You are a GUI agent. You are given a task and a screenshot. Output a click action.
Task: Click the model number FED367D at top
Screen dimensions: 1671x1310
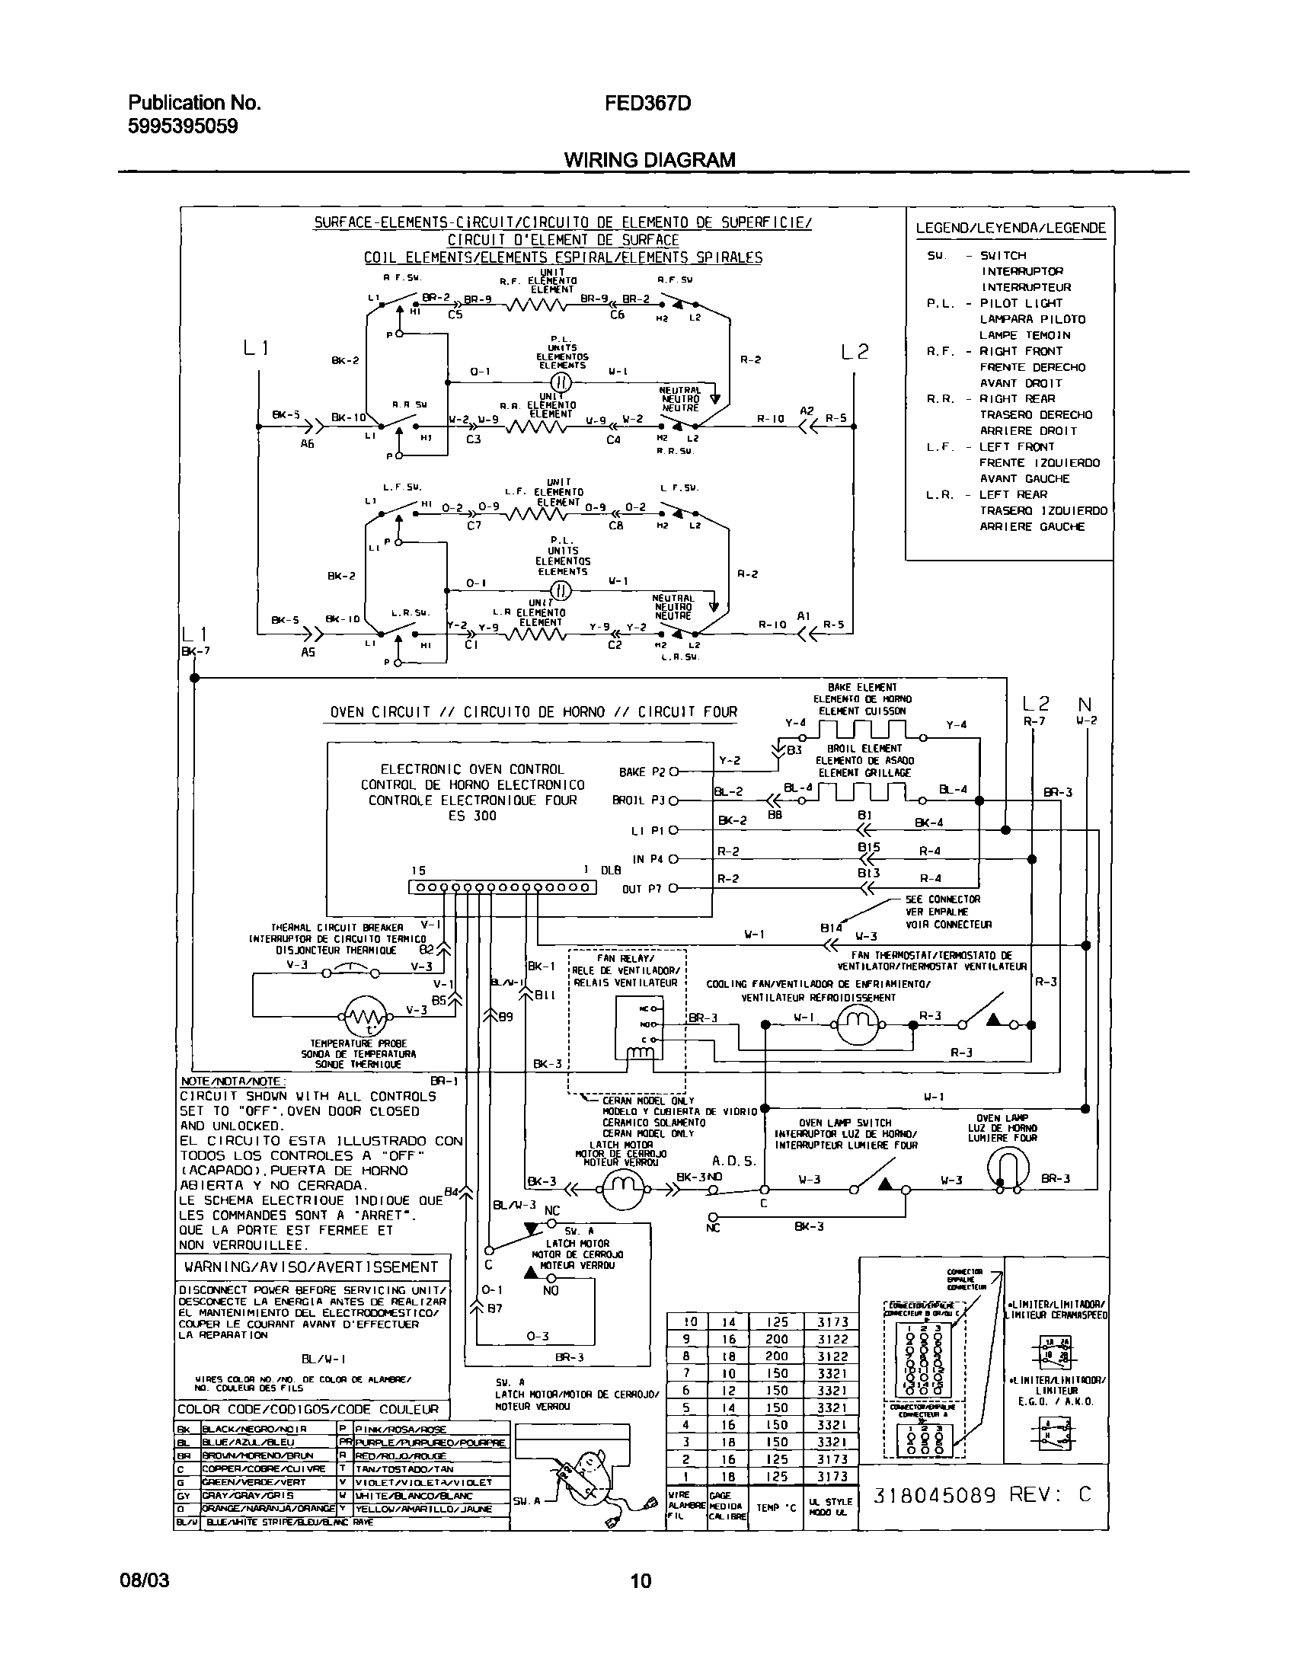(648, 103)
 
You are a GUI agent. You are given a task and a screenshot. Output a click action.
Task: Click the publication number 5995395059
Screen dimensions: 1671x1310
(183, 126)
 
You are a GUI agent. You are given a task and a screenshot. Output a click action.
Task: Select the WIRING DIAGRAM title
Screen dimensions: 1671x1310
(650, 159)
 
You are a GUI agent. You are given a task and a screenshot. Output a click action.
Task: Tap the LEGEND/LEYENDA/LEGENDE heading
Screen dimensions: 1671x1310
(1011, 228)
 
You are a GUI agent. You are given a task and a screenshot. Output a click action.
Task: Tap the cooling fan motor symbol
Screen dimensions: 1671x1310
(859, 1024)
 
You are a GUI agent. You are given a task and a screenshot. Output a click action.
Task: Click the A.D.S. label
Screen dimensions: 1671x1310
(734, 1161)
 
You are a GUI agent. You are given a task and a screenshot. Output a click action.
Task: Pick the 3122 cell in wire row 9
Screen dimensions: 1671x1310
(832, 1339)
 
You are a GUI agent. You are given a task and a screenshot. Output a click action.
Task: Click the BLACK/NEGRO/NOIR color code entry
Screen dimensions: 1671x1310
(254, 1429)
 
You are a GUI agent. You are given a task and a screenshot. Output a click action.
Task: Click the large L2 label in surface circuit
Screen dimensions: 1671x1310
(855, 352)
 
